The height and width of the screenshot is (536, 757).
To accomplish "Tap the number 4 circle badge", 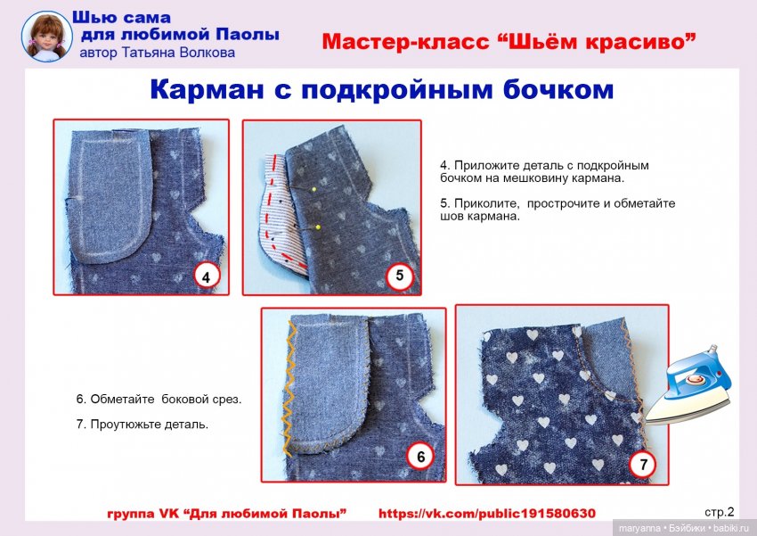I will click(x=206, y=276).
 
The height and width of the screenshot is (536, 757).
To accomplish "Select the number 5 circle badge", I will click(x=400, y=276).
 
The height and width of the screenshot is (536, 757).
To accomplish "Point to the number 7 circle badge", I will click(x=643, y=465).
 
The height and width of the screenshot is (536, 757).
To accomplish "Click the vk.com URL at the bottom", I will click(x=486, y=514).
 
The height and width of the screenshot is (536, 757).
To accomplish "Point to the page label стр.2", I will click(x=719, y=512).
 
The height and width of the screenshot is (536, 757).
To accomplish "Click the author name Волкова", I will click(x=206, y=53).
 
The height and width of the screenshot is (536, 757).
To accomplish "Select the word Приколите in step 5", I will click(x=483, y=203).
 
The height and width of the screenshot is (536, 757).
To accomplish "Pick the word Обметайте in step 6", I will click(x=123, y=399).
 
